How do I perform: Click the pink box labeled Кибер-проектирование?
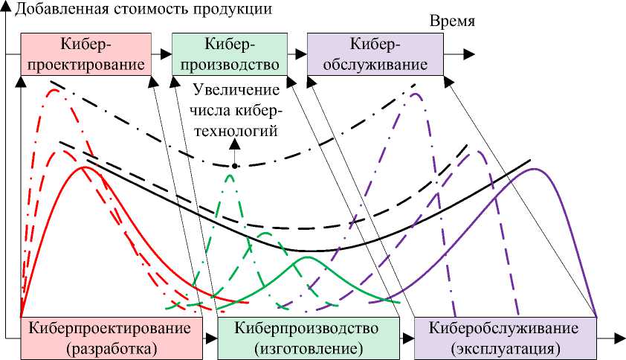coord(85,54)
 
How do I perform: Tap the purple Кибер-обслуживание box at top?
coord(375,54)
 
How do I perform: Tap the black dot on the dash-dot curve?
coord(234,165)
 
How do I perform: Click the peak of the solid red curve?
coord(85,167)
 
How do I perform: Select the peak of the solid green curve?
coord(306,257)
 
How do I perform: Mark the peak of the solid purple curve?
coord(535,169)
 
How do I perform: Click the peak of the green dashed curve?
coord(230,173)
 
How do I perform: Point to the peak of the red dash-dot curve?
coord(53,90)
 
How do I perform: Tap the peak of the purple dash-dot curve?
coord(415,93)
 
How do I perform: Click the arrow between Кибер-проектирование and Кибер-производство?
coord(162,54)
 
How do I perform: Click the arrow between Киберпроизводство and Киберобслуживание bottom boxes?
coord(407,338)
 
